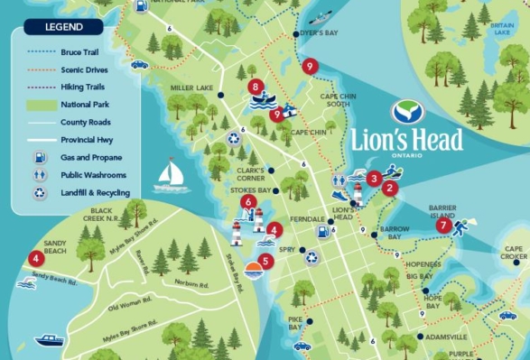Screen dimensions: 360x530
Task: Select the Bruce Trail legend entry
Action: (x=85, y=53)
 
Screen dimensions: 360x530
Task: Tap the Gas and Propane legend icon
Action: (x=40, y=157)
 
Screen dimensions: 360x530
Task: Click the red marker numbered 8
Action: (x=256, y=88)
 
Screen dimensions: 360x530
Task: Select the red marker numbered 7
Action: (x=442, y=226)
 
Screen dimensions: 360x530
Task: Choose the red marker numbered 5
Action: (x=264, y=263)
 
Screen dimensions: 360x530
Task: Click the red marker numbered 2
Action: (x=389, y=189)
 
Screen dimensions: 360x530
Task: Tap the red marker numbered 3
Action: (x=373, y=179)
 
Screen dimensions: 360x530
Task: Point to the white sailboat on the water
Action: (x=172, y=176)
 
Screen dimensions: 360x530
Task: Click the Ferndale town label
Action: (x=306, y=220)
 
